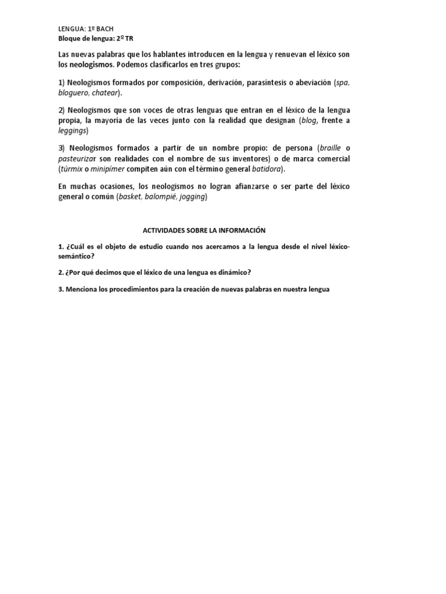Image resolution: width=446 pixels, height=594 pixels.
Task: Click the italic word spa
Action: tap(343, 82)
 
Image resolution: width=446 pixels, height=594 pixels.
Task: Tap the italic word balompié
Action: tap(162, 197)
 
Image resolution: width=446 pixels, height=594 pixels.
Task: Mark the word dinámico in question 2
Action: tap(228, 272)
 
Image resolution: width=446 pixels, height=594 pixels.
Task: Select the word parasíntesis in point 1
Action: tap(269, 82)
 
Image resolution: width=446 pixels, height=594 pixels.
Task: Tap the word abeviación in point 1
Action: tap(312, 82)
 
